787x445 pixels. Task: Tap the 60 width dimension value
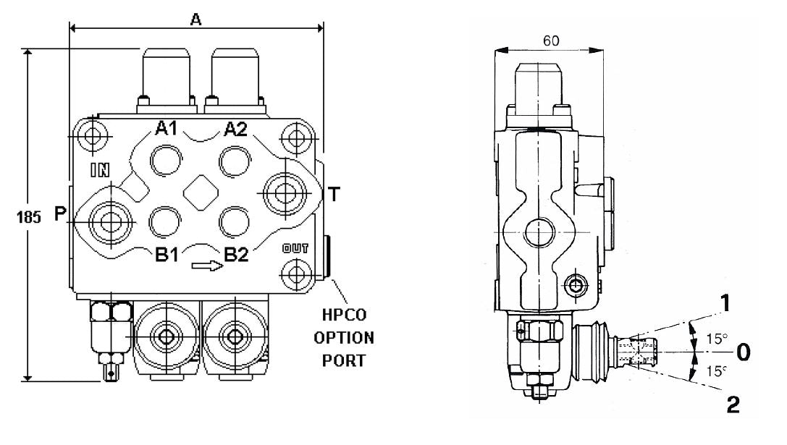point(550,41)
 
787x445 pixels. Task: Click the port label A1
point(167,129)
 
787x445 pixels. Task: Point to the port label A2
point(236,129)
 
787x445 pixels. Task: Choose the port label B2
point(237,254)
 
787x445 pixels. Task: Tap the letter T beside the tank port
point(334,193)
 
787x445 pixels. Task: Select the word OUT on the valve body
point(295,248)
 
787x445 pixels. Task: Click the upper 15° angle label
point(717,337)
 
